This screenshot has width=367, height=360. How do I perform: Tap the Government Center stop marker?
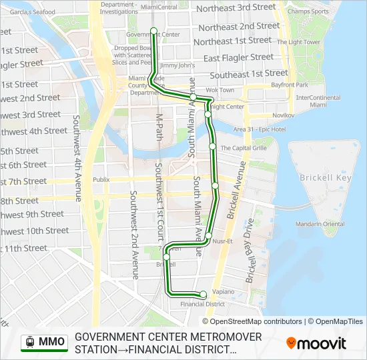tap(153, 31)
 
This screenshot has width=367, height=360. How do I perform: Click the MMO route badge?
tap(45, 342)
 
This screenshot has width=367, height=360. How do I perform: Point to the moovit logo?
tap(316, 343)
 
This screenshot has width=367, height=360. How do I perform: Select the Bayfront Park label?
tap(289, 85)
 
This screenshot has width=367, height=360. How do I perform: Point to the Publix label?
tap(101, 180)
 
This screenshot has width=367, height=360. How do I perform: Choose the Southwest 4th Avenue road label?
tap(77, 159)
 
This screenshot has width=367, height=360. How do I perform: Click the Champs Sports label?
tap(308, 11)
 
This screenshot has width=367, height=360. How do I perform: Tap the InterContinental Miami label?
tap(318, 101)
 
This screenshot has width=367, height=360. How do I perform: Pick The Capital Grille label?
tap(244, 148)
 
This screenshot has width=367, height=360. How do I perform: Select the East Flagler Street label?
tap(239, 58)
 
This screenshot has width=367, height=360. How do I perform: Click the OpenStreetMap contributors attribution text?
tap(256, 321)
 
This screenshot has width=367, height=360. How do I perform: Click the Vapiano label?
tap(224, 292)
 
